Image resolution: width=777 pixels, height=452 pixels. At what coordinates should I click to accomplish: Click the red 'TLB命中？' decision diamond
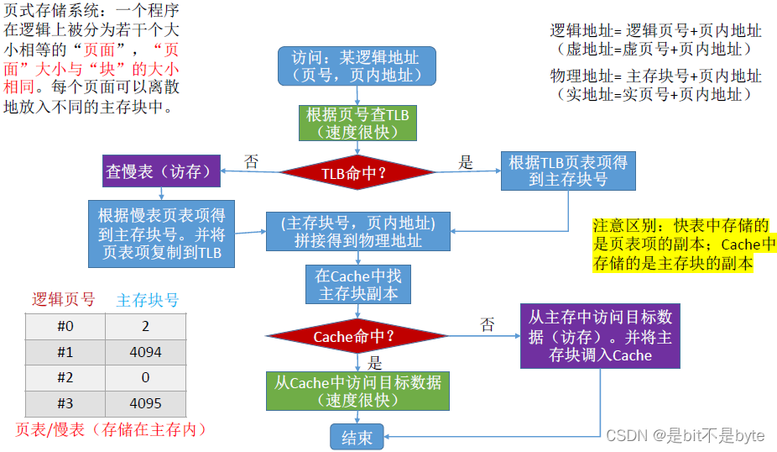tap(357, 174)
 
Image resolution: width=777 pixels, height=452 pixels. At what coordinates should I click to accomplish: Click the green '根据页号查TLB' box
tap(357, 123)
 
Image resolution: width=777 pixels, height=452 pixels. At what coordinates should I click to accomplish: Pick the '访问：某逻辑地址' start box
tap(357, 66)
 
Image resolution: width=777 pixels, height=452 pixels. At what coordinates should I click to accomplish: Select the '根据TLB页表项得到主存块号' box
tap(568, 171)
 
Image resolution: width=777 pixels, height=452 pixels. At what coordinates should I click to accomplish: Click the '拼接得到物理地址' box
tap(357, 232)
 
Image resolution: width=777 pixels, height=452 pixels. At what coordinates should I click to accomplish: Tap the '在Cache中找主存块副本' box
tap(357, 284)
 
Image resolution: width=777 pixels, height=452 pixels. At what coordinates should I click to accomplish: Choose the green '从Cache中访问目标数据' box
tap(357, 391)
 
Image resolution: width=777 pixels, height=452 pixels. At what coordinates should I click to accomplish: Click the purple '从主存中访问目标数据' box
tap(599, 336)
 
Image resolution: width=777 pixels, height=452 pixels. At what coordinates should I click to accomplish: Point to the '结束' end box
tap(357, 436)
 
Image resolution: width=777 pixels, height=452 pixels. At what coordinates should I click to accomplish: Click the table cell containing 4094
tap(146, 352)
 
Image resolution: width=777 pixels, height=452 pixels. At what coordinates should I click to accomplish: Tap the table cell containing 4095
tap(146, 403)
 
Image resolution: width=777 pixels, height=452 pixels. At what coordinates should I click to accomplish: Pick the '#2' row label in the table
tap(65, 378)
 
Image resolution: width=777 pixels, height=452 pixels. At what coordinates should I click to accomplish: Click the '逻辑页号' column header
tap(64, 300)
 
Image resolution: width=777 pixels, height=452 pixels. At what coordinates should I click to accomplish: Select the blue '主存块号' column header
tap(147, 300)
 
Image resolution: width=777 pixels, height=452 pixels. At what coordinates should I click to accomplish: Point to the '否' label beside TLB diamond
tap(250, 161)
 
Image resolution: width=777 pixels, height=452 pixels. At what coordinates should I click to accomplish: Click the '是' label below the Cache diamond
tap(375, 363)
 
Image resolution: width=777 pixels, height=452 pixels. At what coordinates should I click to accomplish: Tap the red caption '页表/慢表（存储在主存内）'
tap(111, 429)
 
